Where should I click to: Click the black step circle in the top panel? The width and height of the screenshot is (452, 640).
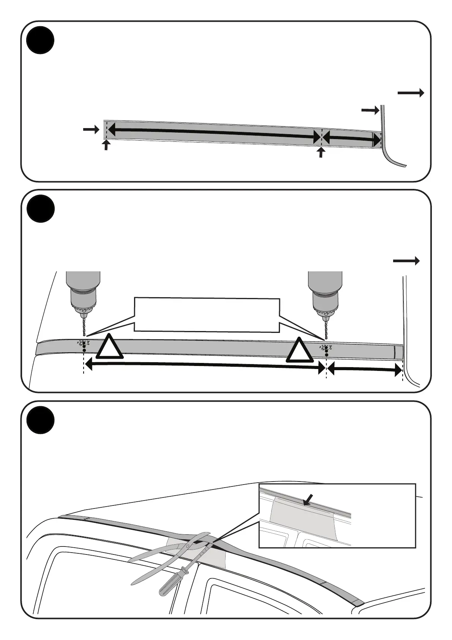pyautogui.click(x=41, y=40)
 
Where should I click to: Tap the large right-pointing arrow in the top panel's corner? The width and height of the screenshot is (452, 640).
pyautogui.click(x=411, y=93)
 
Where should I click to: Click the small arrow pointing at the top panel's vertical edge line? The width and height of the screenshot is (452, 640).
pyautogui.click(x=370, y=110)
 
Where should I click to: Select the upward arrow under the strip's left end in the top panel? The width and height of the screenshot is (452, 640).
pyautogui.click(x=106, y=145)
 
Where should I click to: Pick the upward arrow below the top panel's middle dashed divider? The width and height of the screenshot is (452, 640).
pyautogui.click(x=321, y=152)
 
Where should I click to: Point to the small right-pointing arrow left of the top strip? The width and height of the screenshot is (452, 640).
pyautogui.click(x=91, y=130)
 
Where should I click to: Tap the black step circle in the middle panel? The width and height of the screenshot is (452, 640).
pyautogui.click(x=41, y=209)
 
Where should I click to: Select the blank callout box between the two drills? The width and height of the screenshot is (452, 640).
pyautogui.click(x=207, y=315)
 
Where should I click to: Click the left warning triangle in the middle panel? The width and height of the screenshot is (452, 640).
pyautogui.click(x=109, y=347)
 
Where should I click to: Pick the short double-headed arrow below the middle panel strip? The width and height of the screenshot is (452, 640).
pyautogui.click(x=364, y=368)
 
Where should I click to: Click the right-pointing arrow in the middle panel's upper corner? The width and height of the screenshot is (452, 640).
pyautogui.click(x=406, y=261)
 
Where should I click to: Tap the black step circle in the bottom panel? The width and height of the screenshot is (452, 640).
pyautogui.click(x=41, y=420)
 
